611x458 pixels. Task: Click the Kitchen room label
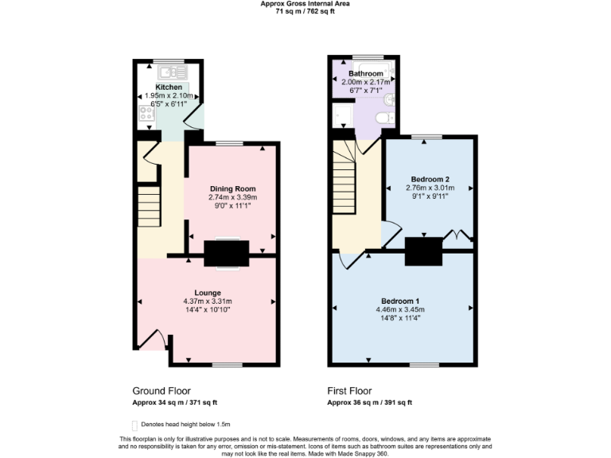[168, 87]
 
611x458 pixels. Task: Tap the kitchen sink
[170, 72]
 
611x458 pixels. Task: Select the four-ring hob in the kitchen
[147, 113]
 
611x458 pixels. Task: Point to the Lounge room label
[208, 293]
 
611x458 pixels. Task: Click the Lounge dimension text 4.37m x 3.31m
[208, 301]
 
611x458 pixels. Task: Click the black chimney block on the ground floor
[227, 254]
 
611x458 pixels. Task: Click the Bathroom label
[365, 74]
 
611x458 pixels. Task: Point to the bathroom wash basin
[389, 100]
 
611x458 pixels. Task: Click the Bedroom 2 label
[430, 179]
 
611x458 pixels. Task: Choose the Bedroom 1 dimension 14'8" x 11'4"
[402, 319]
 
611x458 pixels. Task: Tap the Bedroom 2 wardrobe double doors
[458, 235]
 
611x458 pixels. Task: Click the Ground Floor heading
[162, 391]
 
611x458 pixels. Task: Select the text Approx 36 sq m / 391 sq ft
[369, 402]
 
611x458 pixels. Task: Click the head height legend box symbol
[134, 425]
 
